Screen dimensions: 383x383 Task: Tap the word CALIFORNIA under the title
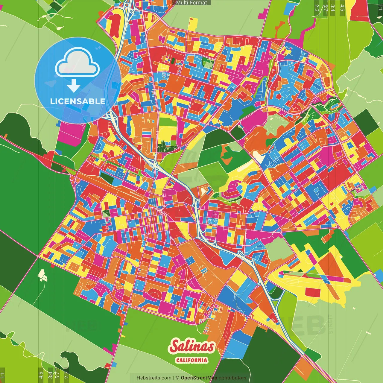pos(191,360)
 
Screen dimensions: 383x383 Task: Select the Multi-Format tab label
pos(191,3)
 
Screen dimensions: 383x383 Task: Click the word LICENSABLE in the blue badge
pos(78,101)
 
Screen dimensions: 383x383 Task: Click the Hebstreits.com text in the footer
pos(154,378)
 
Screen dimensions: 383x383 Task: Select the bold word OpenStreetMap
pos(199,378)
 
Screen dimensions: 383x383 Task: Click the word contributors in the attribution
pos(232,378)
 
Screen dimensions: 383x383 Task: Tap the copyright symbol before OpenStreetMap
pos(177,378)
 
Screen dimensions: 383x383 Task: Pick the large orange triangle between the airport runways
pos(332,265)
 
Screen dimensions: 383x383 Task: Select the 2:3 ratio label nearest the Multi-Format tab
pos(316,8)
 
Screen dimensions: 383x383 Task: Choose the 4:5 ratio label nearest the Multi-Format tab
pos(342,8)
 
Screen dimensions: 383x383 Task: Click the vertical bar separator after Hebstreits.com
pos(174,378)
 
